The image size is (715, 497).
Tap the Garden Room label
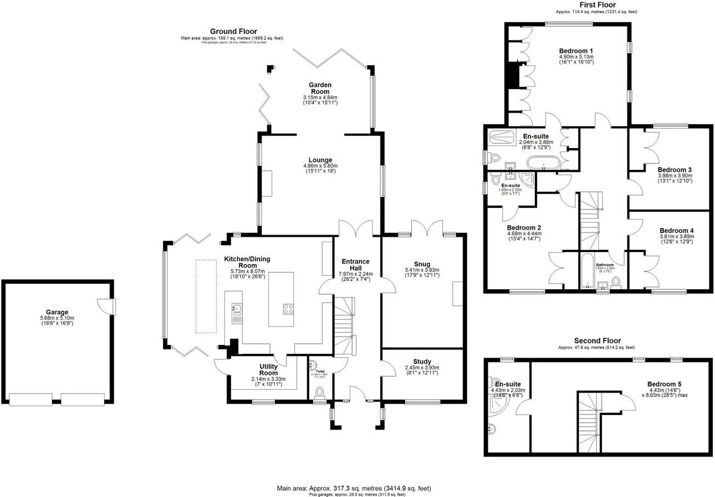click(x=320, y=88)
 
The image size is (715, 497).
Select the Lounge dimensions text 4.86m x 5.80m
click(x=320, y=166)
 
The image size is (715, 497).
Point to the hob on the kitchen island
click(x=289, y=309)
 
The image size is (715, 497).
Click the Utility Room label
click(x=269, y=369)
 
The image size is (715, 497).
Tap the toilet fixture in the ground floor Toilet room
click(x=320, y=392)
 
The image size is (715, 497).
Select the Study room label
click(x=422, y=361)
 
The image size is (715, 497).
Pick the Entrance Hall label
click(x=356, y=265)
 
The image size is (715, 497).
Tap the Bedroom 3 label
click(x=674, y=170)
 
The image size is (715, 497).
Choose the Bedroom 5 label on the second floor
click(x=664, y=384)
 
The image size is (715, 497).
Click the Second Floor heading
click(x=597, y=341)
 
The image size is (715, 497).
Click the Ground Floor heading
click(x=233, y=32)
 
